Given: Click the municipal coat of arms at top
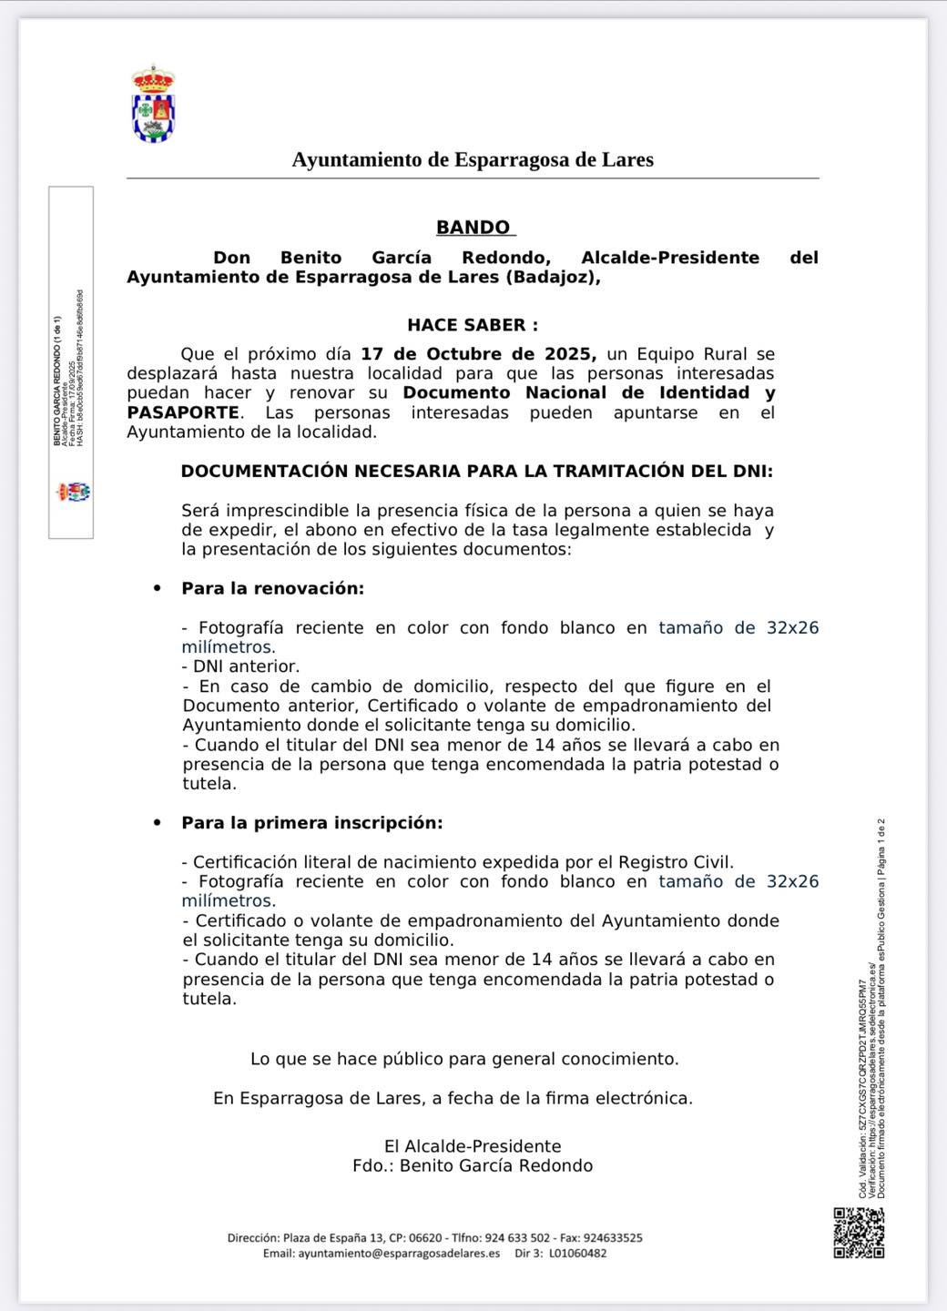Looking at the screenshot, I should (x=154, y=104).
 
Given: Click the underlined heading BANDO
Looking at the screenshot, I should (x=473, y=228).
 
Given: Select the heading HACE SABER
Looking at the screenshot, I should (x=472, y=325).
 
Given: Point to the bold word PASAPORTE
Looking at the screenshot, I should (x=184, y=412).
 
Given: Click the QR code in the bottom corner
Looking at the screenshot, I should (x=859, y=1233).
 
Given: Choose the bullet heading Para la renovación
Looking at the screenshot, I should (x=272, y=588).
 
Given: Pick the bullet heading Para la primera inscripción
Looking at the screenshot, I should (x=311, y=822).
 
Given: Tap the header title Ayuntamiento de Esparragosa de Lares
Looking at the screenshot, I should (x=473, y=159).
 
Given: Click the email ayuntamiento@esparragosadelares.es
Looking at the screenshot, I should (x=399, y=1253).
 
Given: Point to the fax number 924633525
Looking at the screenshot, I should (x=613, y=1238).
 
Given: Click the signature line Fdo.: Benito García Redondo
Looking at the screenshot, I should (x=473, y=1165).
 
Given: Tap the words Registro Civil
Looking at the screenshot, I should (x=676, y=861).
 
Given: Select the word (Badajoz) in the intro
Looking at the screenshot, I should (x=552, y=277).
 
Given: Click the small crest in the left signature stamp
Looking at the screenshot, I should (x=73, y=493).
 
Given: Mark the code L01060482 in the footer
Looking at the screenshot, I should (x=577, y=1253).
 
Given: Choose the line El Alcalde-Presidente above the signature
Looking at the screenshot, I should (x=473, y=1146).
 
